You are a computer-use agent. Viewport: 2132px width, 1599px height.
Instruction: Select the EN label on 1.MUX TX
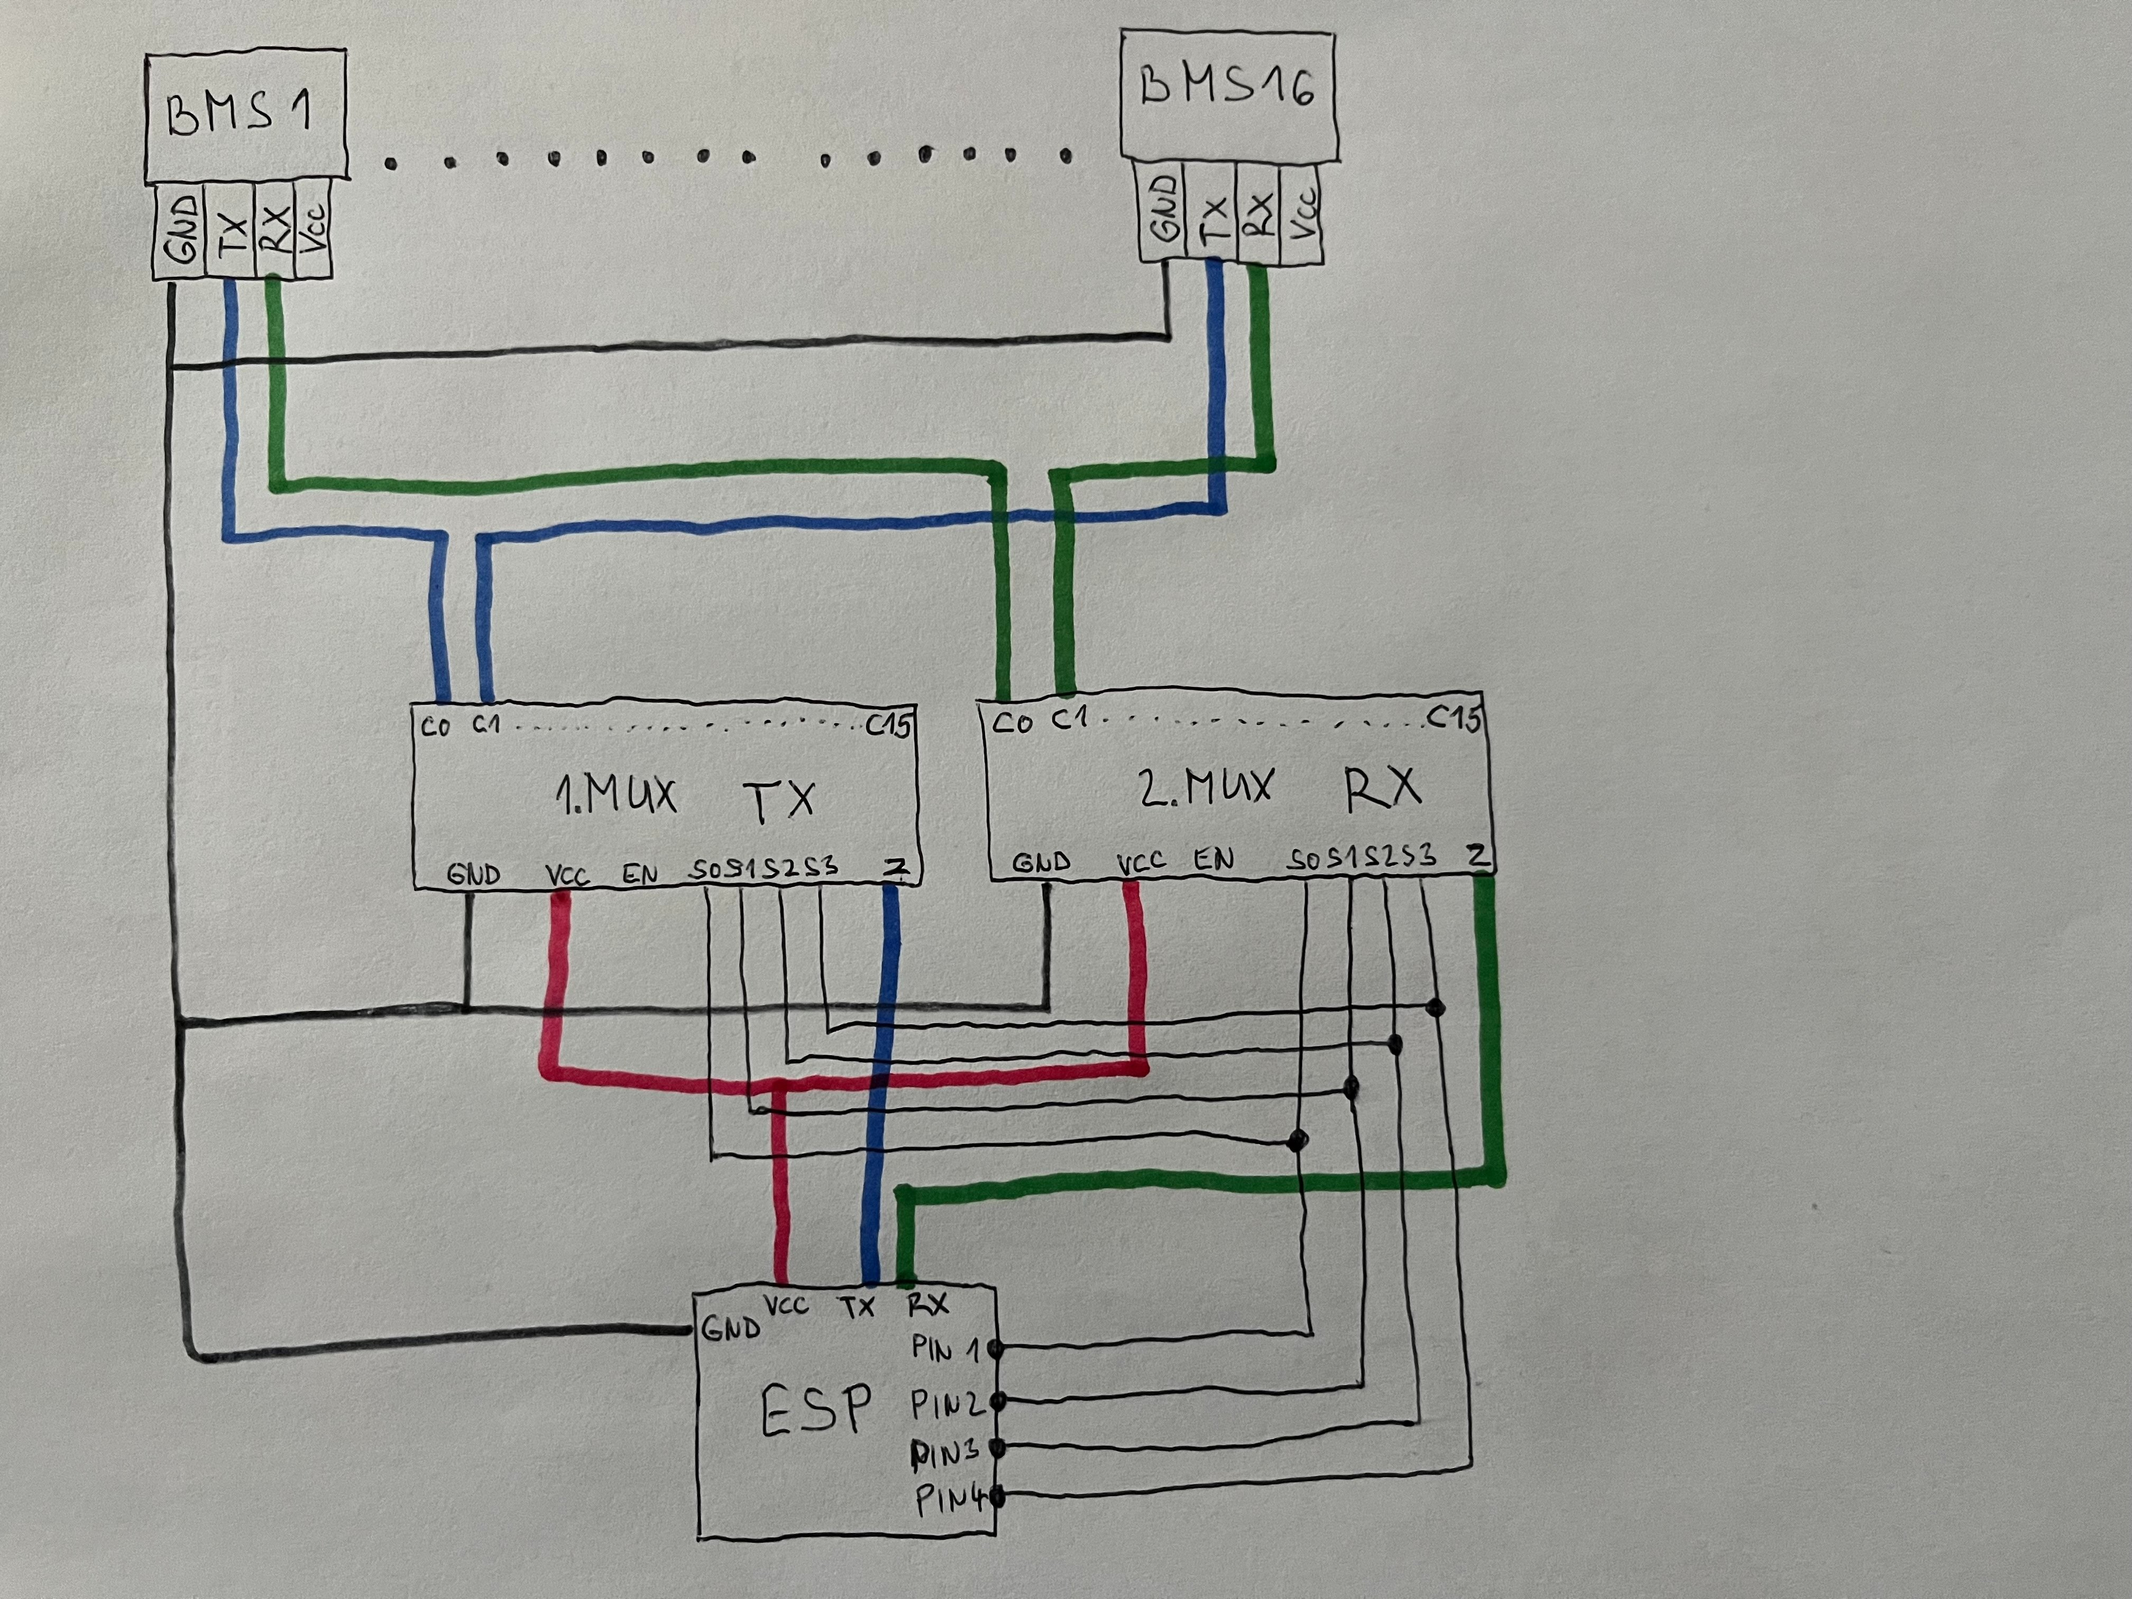[x=639, y=874]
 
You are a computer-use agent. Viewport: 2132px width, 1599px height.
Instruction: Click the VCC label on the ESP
[x=786, y=1306]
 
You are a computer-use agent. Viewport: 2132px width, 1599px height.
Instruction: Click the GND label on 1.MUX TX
[x=473, y=874]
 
